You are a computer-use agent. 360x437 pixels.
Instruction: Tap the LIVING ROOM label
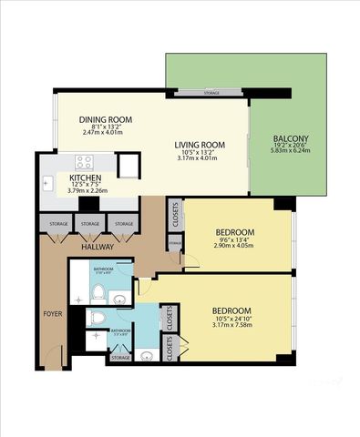200,145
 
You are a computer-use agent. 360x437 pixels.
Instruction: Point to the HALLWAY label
97,247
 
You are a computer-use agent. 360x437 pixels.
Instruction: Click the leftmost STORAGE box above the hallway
57,224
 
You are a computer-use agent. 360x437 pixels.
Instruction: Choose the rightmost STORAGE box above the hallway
123,224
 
